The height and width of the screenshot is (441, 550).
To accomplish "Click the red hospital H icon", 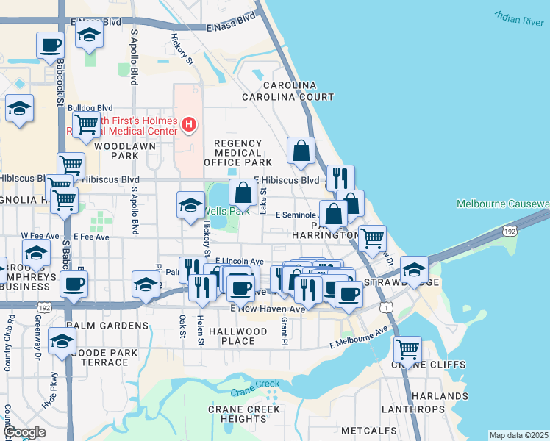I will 189,125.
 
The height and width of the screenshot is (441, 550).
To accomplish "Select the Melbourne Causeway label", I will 502,204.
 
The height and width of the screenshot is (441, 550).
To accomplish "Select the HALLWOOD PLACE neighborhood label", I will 238,336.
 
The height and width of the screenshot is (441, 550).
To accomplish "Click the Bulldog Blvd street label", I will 90,107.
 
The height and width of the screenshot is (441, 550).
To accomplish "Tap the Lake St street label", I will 263,201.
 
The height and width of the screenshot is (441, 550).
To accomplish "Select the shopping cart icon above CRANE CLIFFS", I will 407,347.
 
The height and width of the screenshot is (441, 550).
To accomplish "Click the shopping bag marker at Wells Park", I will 243,193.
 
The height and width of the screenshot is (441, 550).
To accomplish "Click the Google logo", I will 24,432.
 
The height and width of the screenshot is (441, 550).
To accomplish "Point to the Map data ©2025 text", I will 518,435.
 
